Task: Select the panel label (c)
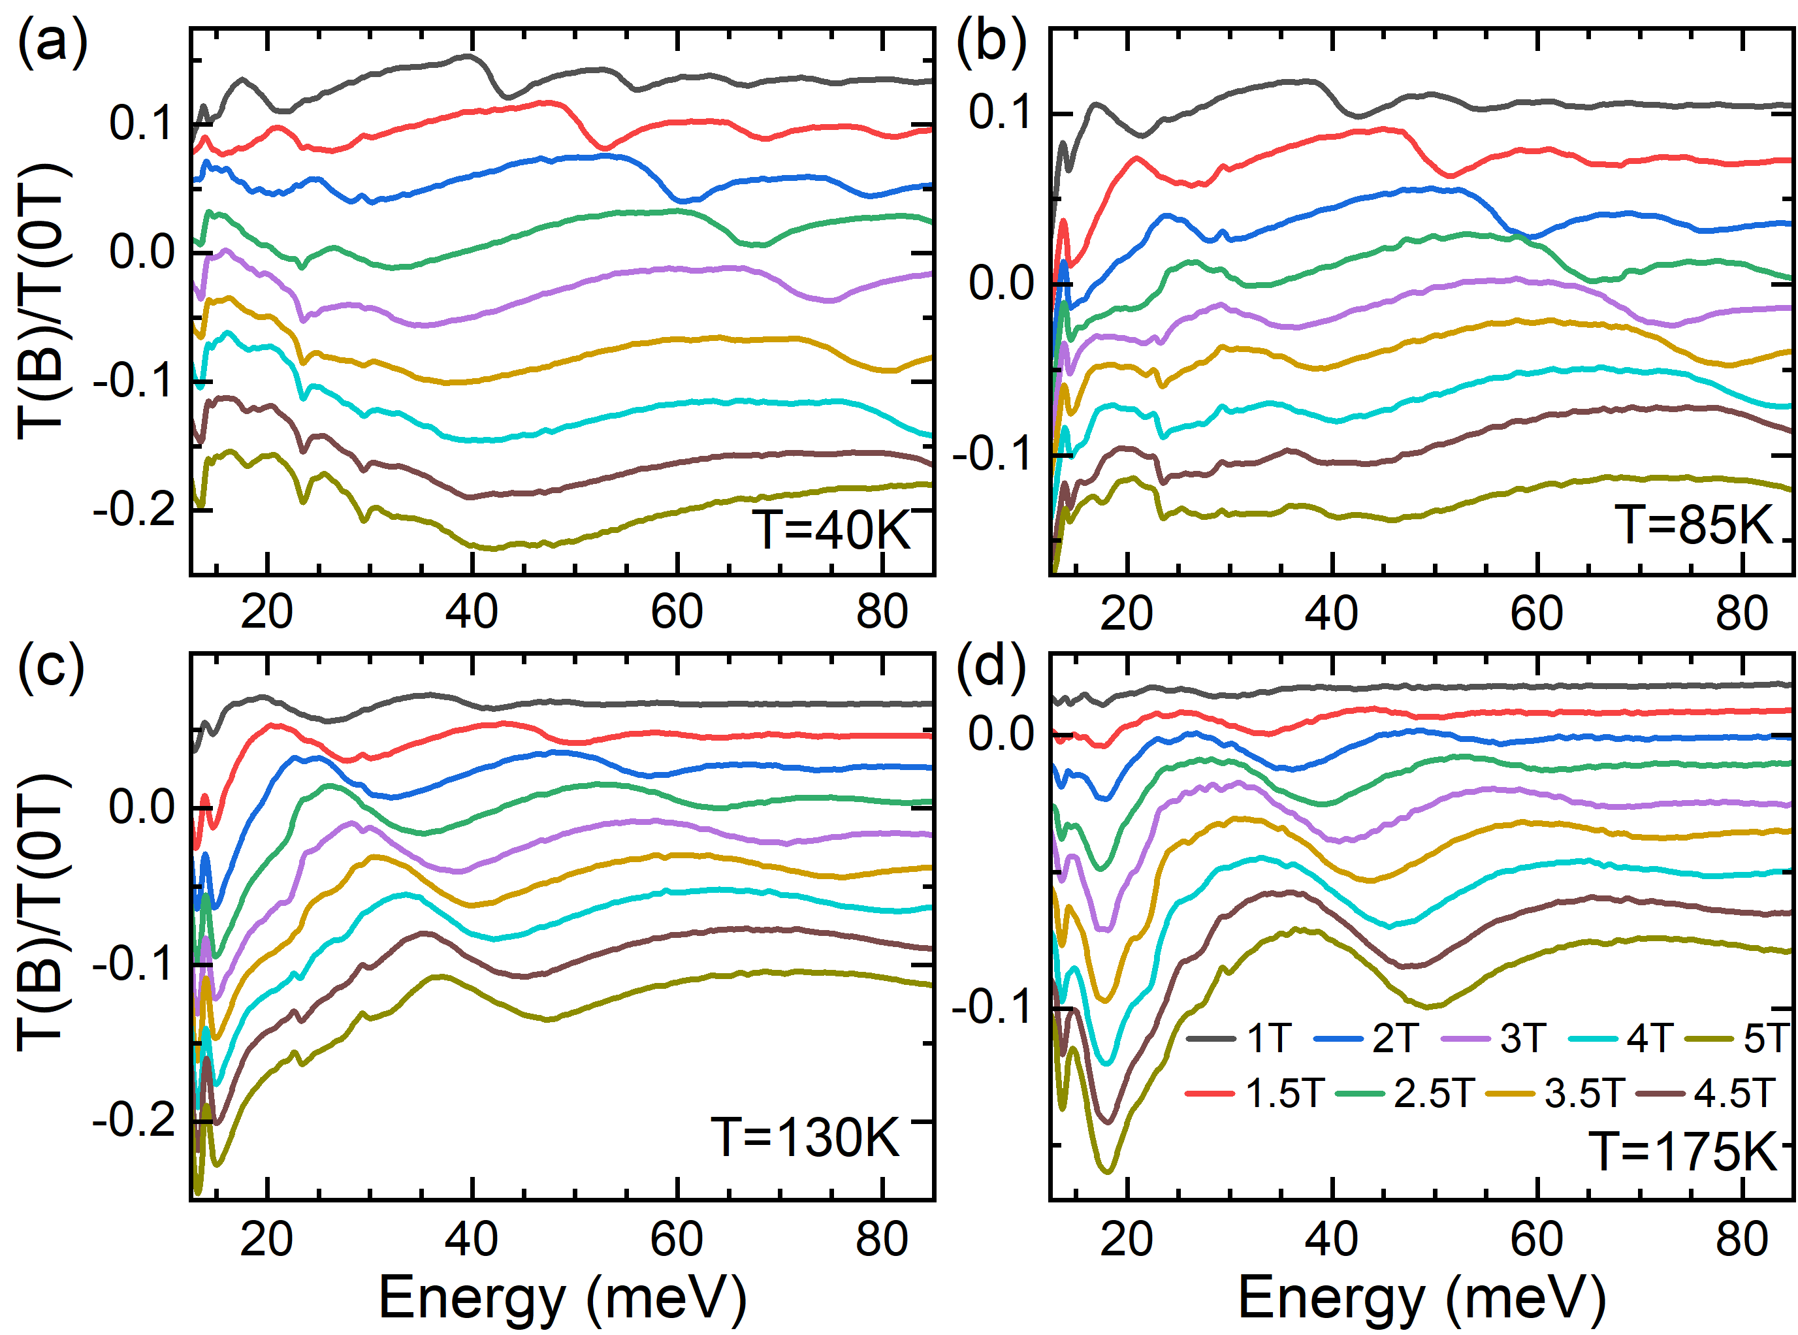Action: [51, 667]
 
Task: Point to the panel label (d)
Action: [991, 667]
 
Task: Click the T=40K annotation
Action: [832, 531]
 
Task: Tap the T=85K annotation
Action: [1694, 524]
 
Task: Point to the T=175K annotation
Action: [1686, 1151]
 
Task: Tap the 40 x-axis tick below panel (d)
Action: [1331, 1240]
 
